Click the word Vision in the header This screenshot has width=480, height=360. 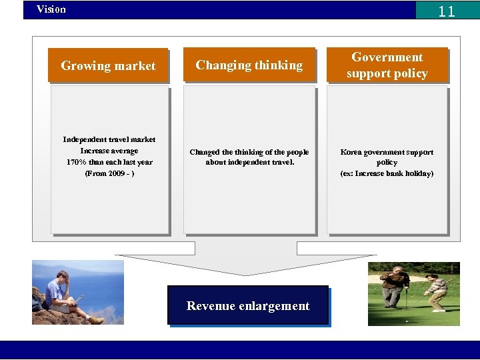point(51,9)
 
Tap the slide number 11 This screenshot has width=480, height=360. point(447,11)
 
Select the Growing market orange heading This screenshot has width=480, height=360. point(108,65)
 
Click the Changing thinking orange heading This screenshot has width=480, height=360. point(249,65)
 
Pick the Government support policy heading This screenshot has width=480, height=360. point(387,65)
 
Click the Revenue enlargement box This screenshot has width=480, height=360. point(248,306)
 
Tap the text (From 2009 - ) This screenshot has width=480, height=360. point(109,173)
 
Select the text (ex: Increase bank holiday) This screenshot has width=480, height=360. point(387,173)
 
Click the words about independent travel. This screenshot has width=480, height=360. point(249,162)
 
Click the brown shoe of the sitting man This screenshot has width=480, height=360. point(96,320)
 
